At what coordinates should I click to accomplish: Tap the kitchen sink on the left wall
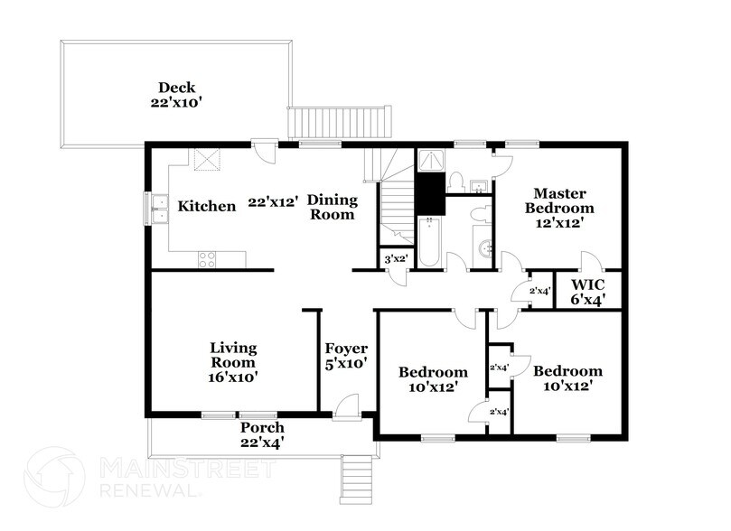(156, 209)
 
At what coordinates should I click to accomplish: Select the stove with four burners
(208, 258)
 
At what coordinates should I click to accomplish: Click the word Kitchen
(206, 206)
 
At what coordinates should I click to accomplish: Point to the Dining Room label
(332, 207)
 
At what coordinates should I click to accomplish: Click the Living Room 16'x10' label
(234, 362)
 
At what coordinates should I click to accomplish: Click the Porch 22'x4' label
(262, 434)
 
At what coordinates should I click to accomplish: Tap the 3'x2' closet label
(395, 259)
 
